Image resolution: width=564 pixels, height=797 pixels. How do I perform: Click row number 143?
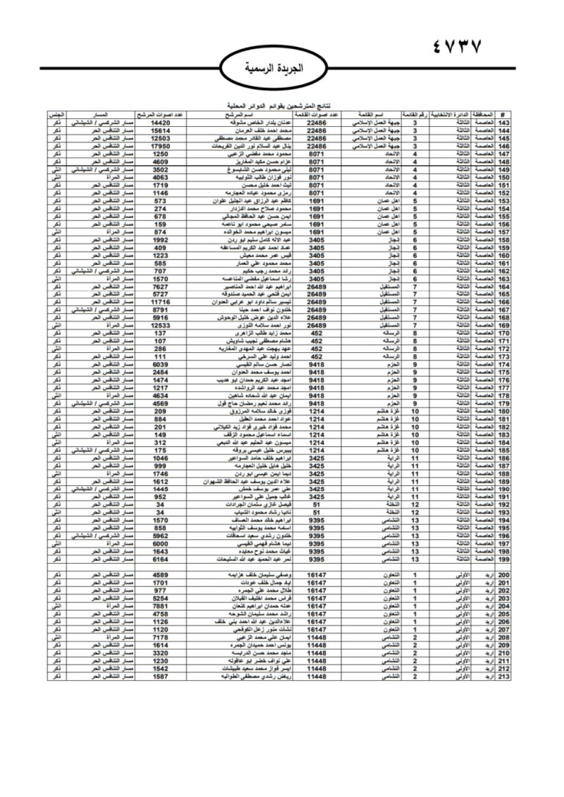pos(504,123)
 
